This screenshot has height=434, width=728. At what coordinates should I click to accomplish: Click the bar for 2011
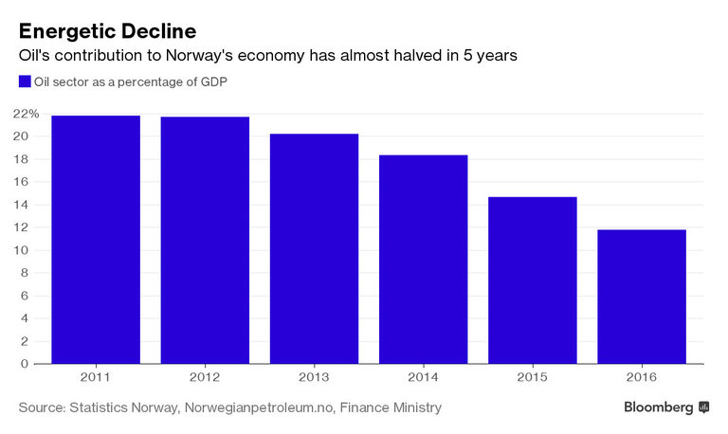click(96, 240)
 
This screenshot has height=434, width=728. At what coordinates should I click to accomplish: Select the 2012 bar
click(205, 241)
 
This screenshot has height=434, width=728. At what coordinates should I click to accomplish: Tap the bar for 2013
click(314, 248)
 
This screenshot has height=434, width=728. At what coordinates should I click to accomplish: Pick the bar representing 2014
click(423, 259)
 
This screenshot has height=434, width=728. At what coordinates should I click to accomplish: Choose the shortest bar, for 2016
click(641, 297)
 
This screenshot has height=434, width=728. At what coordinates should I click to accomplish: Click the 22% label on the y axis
click(27, 114)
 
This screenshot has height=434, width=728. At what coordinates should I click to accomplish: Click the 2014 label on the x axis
click(423, 377)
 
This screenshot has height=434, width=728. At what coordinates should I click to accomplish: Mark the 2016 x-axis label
click(641, 377)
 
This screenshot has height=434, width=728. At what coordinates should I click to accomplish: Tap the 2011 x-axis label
click(96, 377)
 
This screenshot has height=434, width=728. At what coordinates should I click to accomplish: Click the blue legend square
click(25, 82)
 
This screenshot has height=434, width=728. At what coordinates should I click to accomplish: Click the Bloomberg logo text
click(658, 407)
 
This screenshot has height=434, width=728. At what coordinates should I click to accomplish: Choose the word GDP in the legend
click(213, 82)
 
